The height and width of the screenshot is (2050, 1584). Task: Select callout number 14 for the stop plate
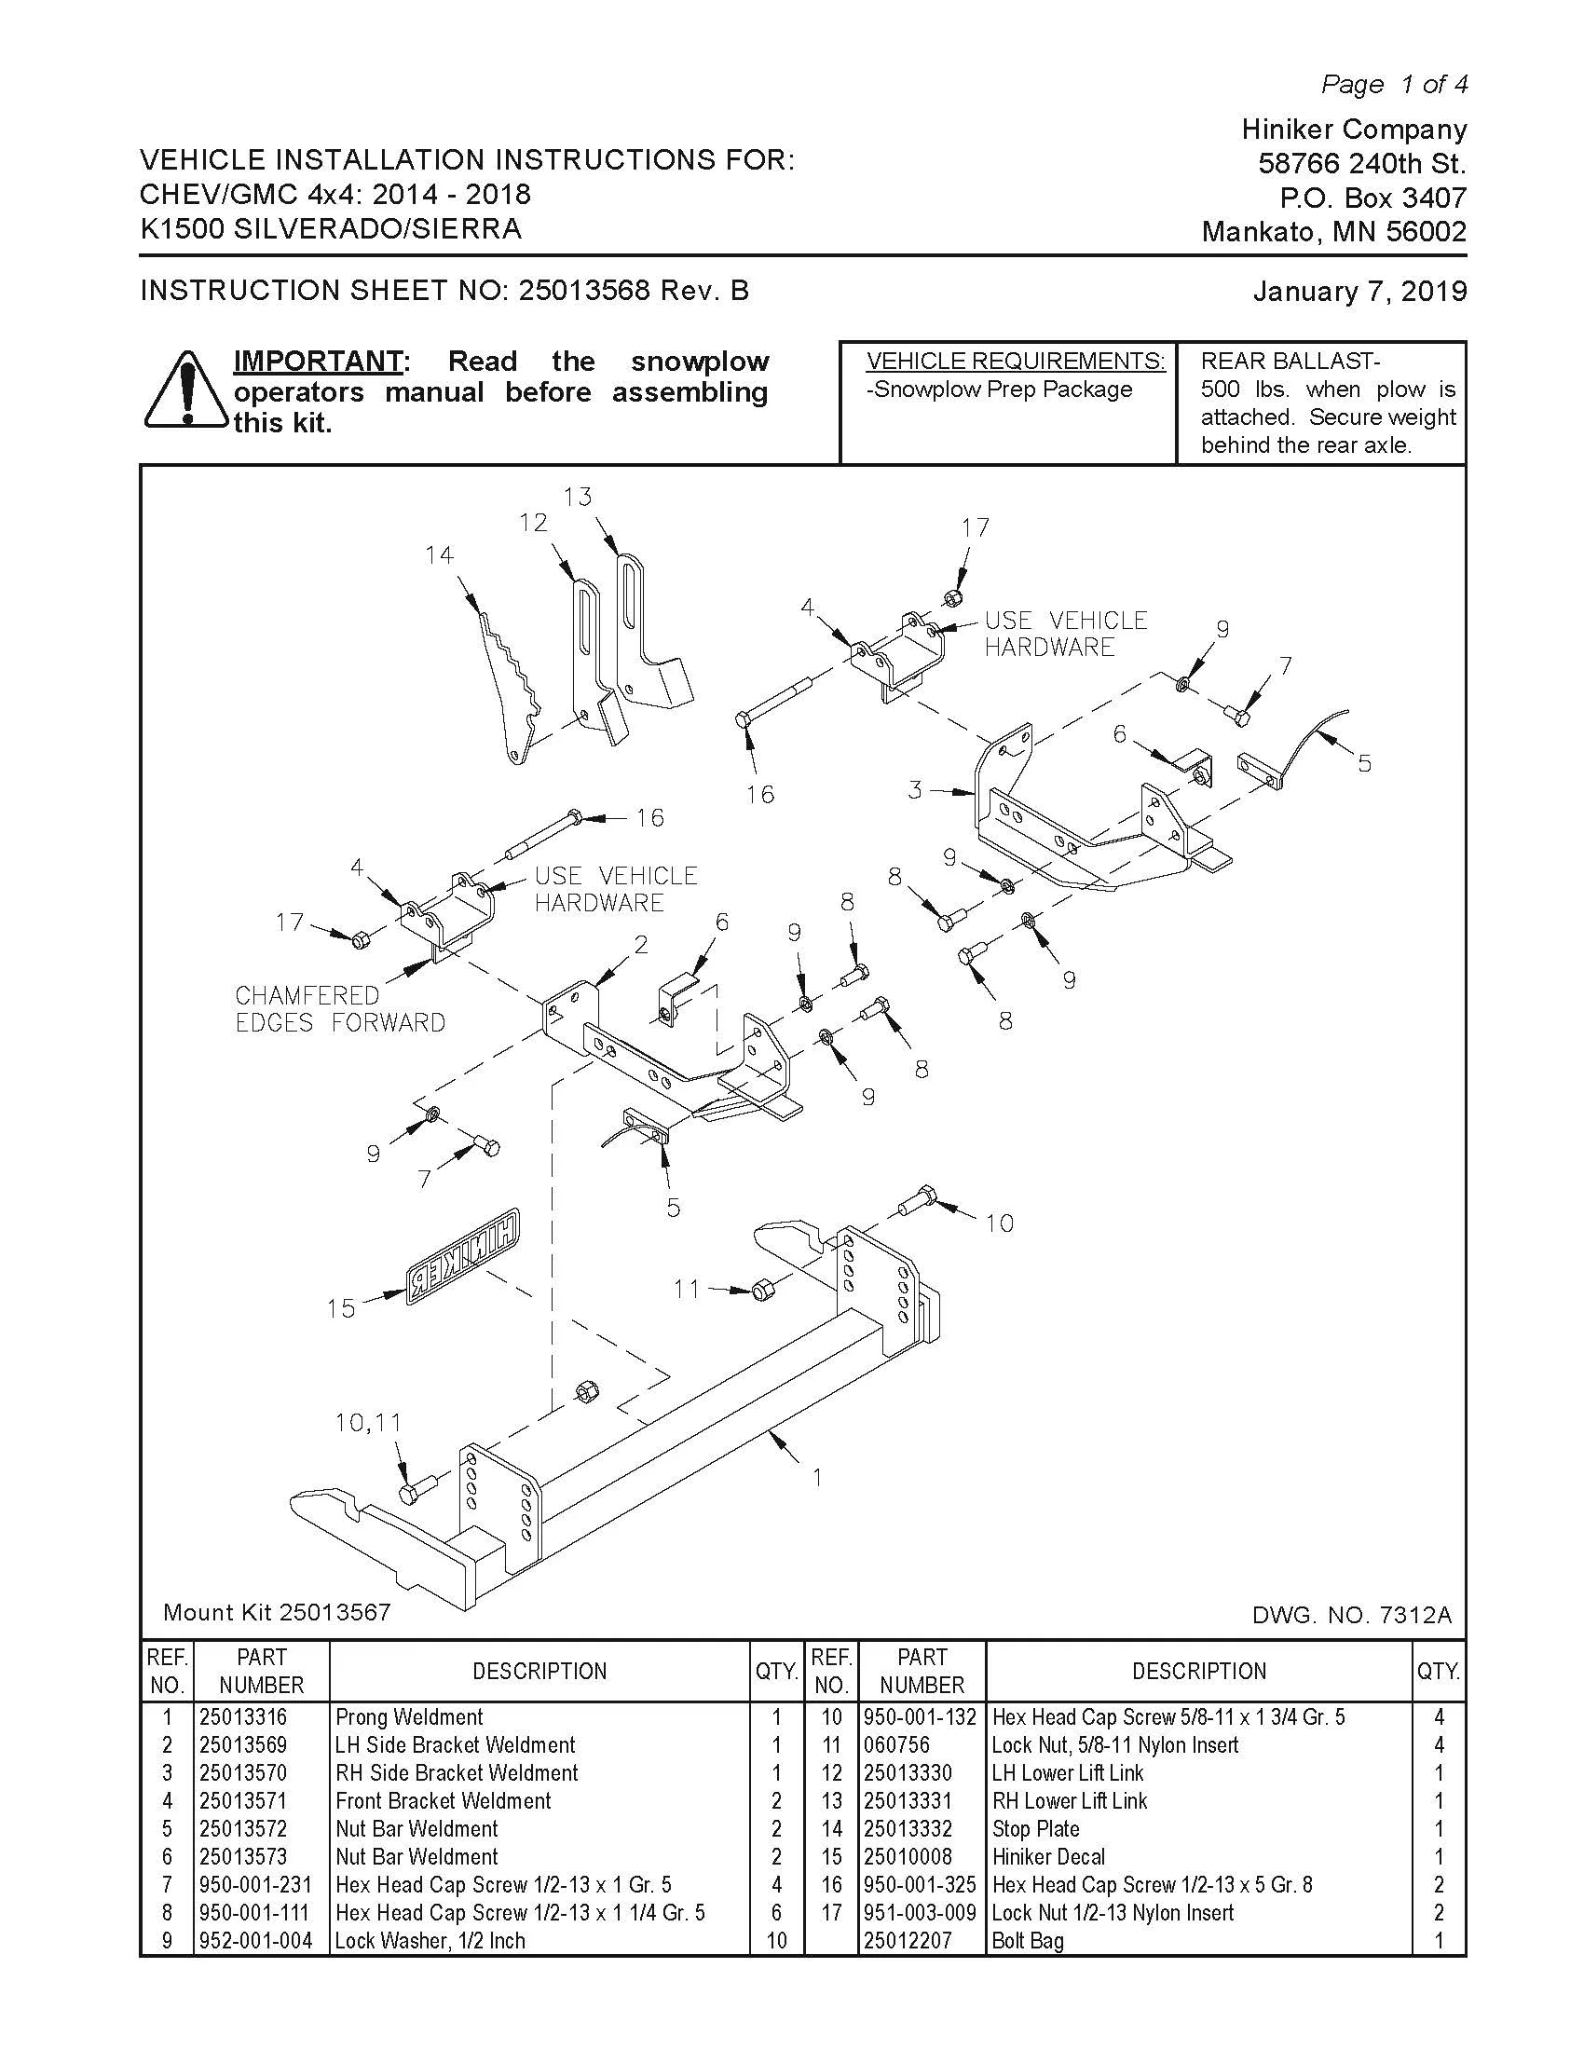click(x=439, y=555)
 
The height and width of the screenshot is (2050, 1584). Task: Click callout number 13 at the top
click(x=578, y=497)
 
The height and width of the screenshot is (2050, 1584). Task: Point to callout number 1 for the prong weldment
click(x=817, y=1477)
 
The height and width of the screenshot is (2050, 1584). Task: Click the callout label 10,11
click(x=368, y=1423)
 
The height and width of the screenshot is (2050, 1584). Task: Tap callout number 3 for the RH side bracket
click(x=915, y=790)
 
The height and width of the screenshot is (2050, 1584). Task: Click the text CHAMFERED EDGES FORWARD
click(x=340, y=1009)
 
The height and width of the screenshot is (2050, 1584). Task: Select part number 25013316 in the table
click(x=243, y=1716)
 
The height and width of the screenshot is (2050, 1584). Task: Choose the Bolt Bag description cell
click(x=1028, y=1940)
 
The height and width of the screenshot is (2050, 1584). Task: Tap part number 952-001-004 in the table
click(x=255, y=1940)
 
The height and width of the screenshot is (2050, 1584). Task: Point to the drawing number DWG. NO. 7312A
click(x=1351, y=1615)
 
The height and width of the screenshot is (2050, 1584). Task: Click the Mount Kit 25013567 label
click(x=277, y=1613)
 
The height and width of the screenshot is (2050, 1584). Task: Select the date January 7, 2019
click(x=1359, y=291)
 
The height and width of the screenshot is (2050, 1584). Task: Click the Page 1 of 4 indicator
click(x=1395, y=85)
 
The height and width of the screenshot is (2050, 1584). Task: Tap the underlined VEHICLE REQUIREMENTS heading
click(x=1017, y=362)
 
